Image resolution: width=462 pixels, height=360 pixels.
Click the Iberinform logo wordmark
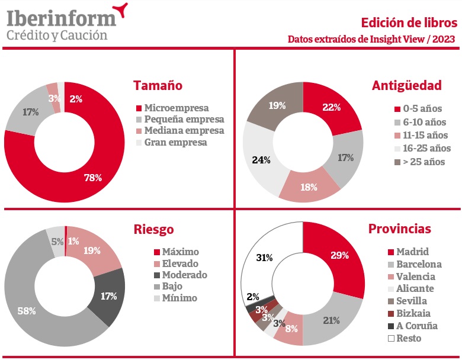(61, 18)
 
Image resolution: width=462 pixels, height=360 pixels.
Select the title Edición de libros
(409, 23)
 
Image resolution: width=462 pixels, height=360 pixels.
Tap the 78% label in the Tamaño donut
(93, 178)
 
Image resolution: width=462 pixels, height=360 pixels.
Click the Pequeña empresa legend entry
(179, 120)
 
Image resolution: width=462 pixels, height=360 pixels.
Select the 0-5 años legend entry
(420, 109)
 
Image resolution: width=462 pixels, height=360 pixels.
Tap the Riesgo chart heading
(153, 229)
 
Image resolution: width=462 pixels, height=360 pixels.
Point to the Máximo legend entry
(176, 252)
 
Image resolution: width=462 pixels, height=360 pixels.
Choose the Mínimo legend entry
(175, 298)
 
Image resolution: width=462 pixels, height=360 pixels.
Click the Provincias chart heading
(400, 229)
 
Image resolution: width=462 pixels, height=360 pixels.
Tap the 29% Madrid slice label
(339, 256)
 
